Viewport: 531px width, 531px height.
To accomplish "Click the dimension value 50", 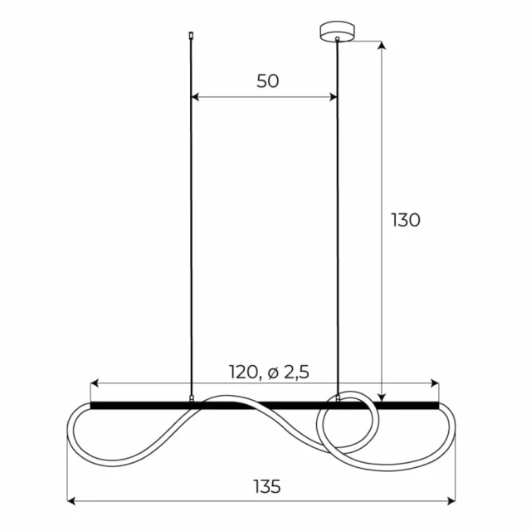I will pyautogui.click(x=267, y=80).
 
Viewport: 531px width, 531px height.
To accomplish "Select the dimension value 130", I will pyautogui.click(x=406, y=220).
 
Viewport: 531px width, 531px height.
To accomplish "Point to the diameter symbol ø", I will pyautogui.click(x=273, y=373).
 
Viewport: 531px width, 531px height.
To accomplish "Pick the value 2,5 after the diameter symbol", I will pyautogui.click(x=295, y=373).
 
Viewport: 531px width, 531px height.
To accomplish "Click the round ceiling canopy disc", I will pyautogui.click(x=337, y=32).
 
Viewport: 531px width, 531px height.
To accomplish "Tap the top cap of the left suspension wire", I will pyautogui.click(x=192, y=36).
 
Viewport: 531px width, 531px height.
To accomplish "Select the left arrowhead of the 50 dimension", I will pyautogui.click(x=195, y=97).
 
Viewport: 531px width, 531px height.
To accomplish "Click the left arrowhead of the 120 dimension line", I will pyautogui.click(x=94, y=384).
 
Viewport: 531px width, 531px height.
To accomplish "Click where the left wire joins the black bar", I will pyautogui.click(x=192, y=401).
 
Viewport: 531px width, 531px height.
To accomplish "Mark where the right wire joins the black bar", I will pyautogui.click(x=338, y=401).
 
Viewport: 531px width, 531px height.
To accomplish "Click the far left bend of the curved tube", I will pyautogui.click(x=68, y=431).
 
